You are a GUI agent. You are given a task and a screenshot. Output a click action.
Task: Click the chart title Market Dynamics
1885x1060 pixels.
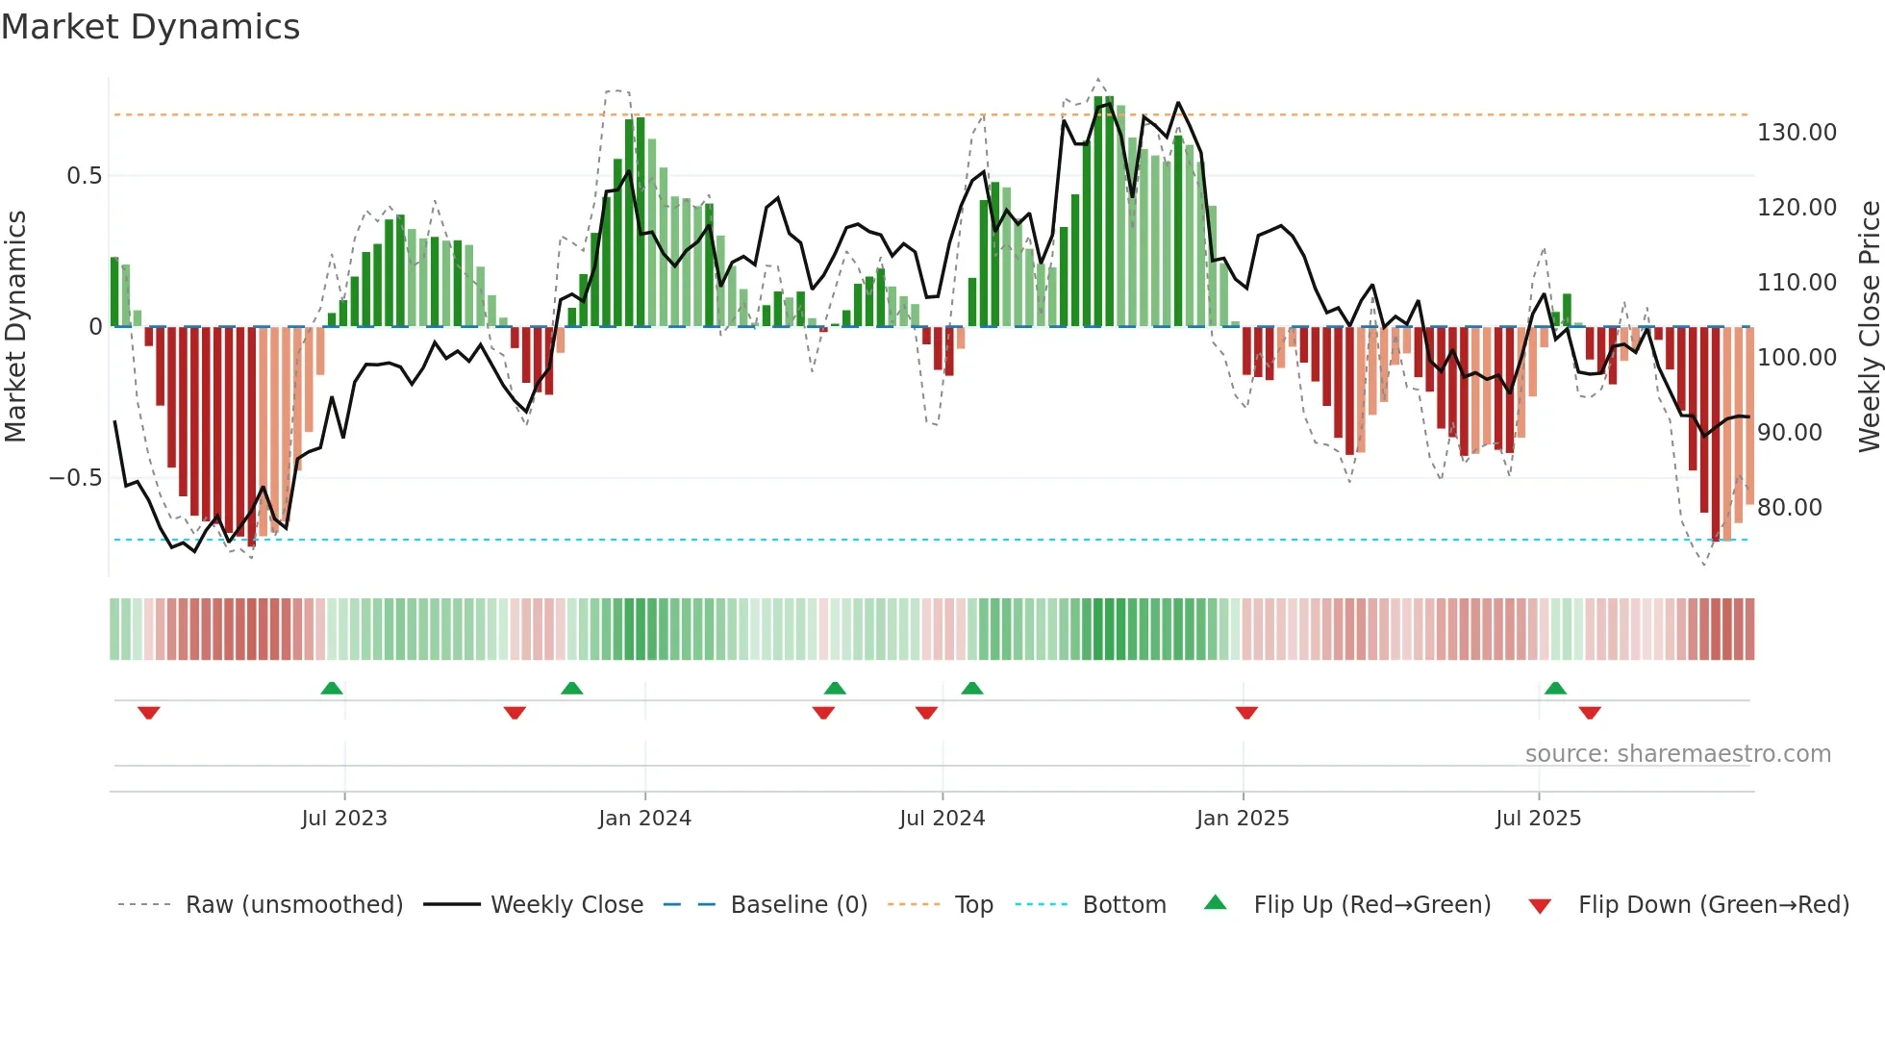point(150,27)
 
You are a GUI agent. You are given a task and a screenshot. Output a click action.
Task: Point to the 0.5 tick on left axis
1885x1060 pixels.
point(84,176)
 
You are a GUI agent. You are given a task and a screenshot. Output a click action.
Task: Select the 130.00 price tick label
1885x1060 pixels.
point(1797,133)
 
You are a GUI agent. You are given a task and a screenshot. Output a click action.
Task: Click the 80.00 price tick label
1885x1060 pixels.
point(1789,508)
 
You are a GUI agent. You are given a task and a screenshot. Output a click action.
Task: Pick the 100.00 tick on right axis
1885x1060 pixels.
point(1797,358)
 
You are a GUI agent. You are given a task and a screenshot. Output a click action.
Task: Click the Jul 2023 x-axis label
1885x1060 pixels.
point(343,819)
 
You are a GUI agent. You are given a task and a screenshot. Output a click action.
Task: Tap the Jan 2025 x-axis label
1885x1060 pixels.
point(1242,819)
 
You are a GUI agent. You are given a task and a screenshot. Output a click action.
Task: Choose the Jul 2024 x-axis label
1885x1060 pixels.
point(942,819)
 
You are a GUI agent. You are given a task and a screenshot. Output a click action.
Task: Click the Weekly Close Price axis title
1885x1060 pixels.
point(1869,327)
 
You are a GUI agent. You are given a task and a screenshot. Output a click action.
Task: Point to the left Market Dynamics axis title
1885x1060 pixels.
point(15,327)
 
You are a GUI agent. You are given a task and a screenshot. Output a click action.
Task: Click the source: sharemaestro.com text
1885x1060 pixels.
point(1677,754)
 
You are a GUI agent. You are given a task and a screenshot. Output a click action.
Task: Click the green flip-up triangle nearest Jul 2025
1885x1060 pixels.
point(1555,688)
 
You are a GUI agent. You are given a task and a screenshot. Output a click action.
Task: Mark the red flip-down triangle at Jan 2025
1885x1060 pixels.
point(1246,713)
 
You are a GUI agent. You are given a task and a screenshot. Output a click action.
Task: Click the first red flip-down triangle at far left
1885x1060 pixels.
point(148,713)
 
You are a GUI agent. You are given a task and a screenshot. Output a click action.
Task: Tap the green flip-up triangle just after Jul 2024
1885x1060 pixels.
point(971,688)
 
